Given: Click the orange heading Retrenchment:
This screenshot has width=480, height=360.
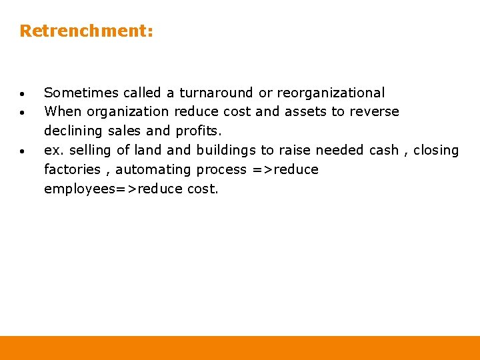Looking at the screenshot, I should point(87,31).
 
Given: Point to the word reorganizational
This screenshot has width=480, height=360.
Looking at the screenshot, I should point(331,93).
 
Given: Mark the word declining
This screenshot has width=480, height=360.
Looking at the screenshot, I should point(73,131).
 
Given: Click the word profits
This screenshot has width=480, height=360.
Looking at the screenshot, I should point(199,131).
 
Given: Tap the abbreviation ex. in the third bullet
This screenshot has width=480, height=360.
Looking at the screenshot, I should point(53,150).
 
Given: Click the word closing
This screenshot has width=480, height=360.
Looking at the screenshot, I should point(436,150).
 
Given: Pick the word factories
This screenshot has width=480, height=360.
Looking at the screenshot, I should point(71,169).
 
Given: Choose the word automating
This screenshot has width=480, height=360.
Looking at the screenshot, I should point(153,169).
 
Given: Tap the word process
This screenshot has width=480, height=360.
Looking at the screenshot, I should point(221,170).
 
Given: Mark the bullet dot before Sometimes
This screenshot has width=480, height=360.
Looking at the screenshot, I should point(23,93).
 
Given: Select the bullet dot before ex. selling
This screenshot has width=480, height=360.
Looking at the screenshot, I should point(23,151).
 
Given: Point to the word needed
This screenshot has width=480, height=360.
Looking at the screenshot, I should point(339,150).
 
